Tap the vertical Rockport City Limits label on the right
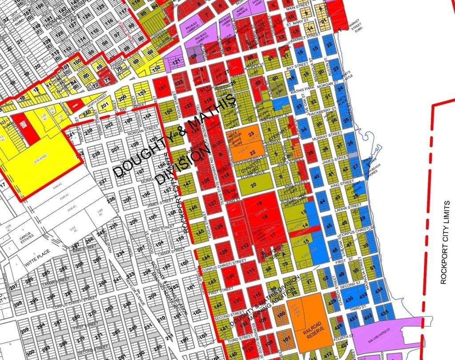click(443, 255)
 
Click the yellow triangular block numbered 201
click(104, 105)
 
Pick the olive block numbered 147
click(187, 183)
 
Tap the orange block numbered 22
click(251, 153)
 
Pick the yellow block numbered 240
click(87, 113)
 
